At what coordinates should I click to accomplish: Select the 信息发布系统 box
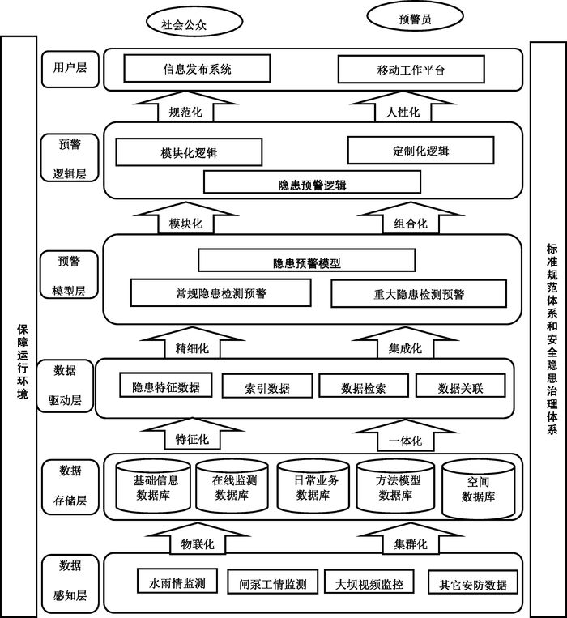tap(197, 70)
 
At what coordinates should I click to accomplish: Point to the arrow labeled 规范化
tap(174, 110)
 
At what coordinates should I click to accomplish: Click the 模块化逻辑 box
tap(189, 152)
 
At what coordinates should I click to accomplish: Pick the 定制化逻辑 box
tap(420, 151)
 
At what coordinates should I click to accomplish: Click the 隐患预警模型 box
tap(306, 261)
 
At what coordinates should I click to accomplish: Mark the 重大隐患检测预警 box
tap(413, 294)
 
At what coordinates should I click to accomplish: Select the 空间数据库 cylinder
tap(478, 489)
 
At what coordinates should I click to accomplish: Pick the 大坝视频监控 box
tap(364, 582)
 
